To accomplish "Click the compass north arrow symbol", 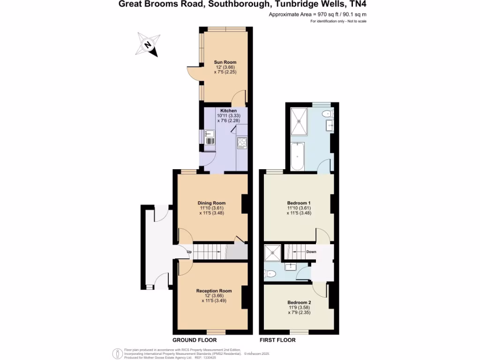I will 148,45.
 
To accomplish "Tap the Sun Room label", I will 225,62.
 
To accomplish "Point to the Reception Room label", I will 214,291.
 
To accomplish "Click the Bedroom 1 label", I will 299,203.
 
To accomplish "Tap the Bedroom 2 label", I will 299,302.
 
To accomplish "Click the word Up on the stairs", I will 189,252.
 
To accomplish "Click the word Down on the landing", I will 311,252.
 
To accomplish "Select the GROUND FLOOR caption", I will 194,340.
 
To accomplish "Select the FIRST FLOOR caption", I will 277,340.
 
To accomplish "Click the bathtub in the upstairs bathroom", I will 297,157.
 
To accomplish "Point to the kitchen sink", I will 209,135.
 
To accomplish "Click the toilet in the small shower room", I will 272,273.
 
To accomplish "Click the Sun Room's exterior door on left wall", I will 192,73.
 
